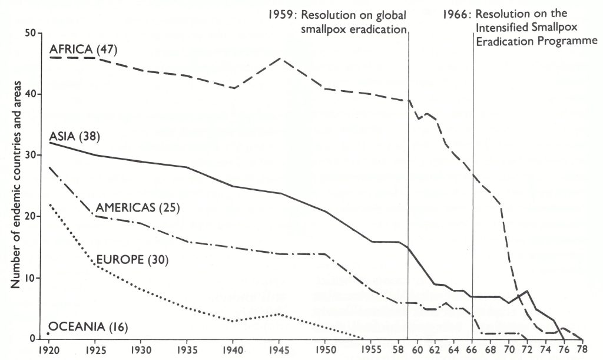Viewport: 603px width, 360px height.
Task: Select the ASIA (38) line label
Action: [x=75, y=137]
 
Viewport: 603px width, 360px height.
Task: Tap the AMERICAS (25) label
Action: [x=137, y=207]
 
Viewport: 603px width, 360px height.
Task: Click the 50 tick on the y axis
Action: [x=33, y=34]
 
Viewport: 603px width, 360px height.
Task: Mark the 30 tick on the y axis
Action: [x=33, y=156]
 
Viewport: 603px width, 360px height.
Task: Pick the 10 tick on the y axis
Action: [x=33, y=278]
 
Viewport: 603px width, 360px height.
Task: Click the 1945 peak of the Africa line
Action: [x=280, y=58]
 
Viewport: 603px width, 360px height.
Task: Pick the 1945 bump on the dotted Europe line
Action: [x=280, y=315]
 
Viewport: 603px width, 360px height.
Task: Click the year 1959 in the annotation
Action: [x=280, y=15]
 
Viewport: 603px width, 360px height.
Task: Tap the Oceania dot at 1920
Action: [x=48, y=333]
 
